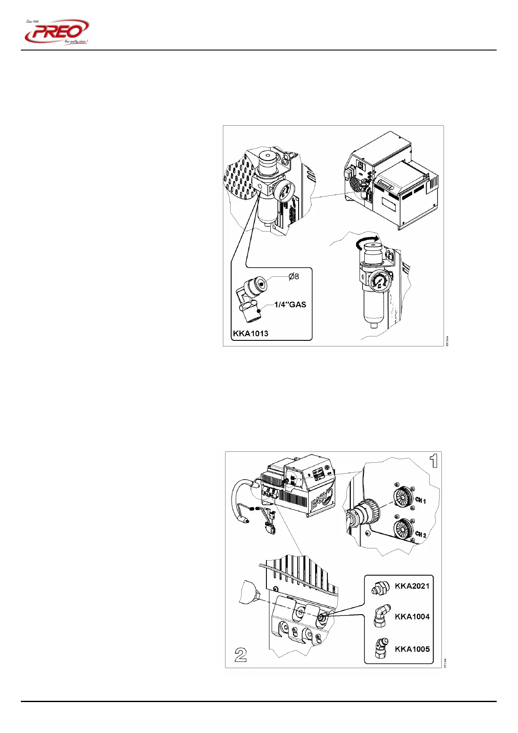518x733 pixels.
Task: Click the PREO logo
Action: pyautogui.click(x=57, y=32)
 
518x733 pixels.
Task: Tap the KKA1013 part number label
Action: pyautogui.click(x=250, y=333)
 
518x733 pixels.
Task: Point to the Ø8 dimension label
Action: pyautogui.click(x=294, y=276)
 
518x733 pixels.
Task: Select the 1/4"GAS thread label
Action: pyautogui.click(x=290, y=305)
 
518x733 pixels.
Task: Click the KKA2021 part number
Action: pyautogui.click(x=412, y=586)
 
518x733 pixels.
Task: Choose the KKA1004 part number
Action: pyautogui.click(x=412, y=616)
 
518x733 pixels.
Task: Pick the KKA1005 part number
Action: pyautogui.click(x=412, y=649)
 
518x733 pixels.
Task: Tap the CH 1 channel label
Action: pyautogui.click(x=420, y=500)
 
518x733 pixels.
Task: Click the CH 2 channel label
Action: pyautogui.click(x=420, y=534)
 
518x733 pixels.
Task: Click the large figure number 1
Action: pyautogui.click(x=434, y=461)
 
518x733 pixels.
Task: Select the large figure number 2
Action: pyautogui.click(x=241, y=655)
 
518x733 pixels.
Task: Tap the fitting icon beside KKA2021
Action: pyautogui.click(x=380, y=588)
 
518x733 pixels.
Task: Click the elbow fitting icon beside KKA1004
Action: pyautogui.click(x=380, y=617)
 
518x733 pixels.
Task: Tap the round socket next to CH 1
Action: pyautogui.click(x=403, y=498)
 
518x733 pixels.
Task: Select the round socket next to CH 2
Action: pyautogui.click(x=403, y=530)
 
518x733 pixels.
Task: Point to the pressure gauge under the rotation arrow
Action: pyautogui.click(x=380, y=281)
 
